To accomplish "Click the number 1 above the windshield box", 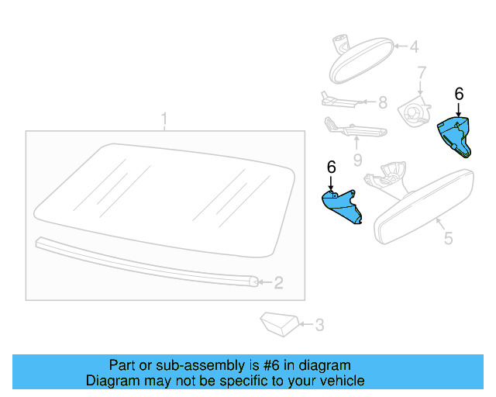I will point(164,119).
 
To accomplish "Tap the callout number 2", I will point(278,283).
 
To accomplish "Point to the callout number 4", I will point(414,47).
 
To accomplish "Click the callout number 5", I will point(448,239).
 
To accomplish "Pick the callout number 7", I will point(422,74).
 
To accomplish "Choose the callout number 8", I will point(382,102).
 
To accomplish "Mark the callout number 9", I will point(357,161).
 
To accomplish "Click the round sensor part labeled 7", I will point(412,112).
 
